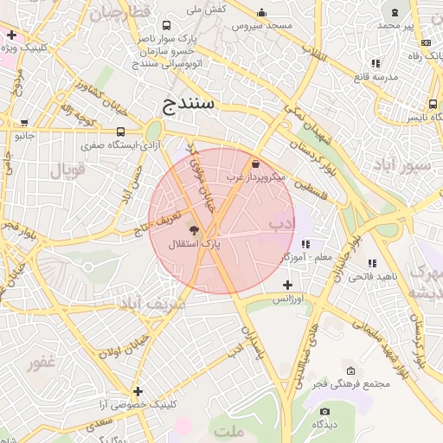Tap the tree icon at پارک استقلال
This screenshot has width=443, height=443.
[192, 231]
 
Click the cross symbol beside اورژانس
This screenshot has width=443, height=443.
[287, 285]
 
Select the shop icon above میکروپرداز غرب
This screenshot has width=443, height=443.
[255, 164]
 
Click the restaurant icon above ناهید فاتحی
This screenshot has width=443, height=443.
[374, 262]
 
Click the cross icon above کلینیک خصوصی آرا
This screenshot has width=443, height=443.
[138, 391]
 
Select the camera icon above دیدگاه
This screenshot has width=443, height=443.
[324, 411]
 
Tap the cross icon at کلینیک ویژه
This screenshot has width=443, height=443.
[11, 35]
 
